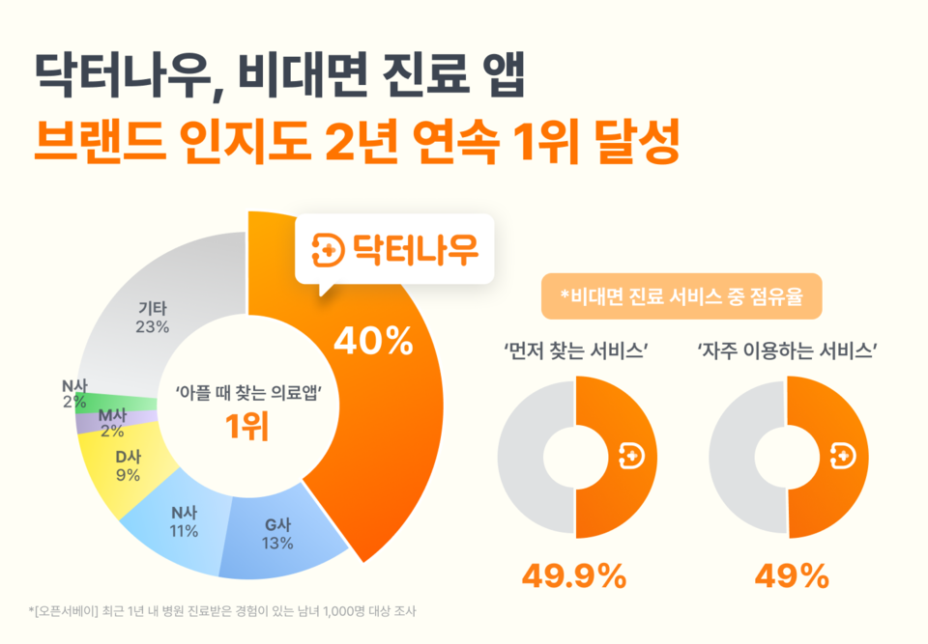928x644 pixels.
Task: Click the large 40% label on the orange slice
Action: point(373,341)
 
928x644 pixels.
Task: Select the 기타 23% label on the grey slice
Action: point(153,318)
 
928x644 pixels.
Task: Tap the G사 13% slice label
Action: point(276,534)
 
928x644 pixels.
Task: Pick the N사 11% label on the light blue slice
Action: point(184,522)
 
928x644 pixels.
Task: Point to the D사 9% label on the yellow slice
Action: point(127,465)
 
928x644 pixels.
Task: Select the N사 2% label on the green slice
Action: point(74,394)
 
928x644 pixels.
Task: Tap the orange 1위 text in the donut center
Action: point(246,426)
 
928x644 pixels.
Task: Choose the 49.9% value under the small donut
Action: point(574,576)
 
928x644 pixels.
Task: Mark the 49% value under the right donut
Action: point(791,576)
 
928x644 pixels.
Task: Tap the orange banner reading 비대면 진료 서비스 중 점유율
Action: point(681,298)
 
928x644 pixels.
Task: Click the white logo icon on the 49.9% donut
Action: point(630,456)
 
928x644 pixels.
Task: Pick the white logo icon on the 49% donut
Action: point(842,456)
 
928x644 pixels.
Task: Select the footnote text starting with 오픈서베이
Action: point(222,611)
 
